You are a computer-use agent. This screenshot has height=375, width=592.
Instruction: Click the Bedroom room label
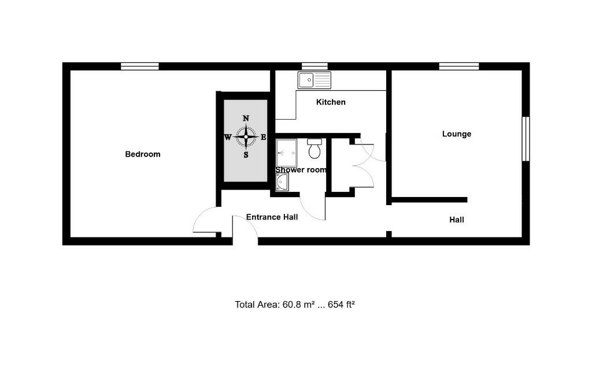pyautogui.click(x=143, y=154)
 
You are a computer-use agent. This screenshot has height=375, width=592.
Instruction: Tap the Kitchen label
pyautogui.click(x=331, y=102)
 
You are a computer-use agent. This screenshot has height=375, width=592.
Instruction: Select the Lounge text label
pyautogui.click(x=457, y=134)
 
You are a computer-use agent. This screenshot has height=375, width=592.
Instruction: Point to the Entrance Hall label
pyautogui.click(x=272, y=217)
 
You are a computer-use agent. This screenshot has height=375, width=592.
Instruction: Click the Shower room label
pyautogui.click(x=301, y=170)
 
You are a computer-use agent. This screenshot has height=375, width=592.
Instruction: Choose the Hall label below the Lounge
pyautogui.click(x=457, y=220)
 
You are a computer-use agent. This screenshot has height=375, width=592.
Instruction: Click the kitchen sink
pyautogui.click(x=314, y=80)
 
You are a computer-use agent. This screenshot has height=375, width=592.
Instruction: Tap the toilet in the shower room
pyautogui.click(x=315, y=149)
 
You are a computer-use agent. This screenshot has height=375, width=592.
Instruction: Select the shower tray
pyautogui.click(x=286, y=153)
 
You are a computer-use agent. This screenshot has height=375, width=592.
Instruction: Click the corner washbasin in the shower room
pyautogui.click(x=282, y=183)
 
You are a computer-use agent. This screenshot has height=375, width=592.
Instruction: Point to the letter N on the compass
pyautogui.click(x=246, y=118)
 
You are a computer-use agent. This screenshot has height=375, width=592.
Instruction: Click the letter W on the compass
pyautogui.click(x=228, y=138)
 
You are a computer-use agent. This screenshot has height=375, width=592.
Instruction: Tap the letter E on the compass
pyautogui.click(x=264, y=138)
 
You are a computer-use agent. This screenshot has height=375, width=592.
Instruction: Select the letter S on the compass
pyautogui.click(x=246, y=155)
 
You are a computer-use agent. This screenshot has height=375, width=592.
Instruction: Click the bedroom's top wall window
pyautogui.click(x=140, y=66)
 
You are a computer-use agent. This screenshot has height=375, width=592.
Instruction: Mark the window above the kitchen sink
pyautogui.click(x=314, y=66)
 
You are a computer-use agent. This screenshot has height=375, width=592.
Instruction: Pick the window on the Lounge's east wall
pyautogui.click(x=526, y=139)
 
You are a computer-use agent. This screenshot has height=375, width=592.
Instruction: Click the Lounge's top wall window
pyautogui.click(x=458, y=66)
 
